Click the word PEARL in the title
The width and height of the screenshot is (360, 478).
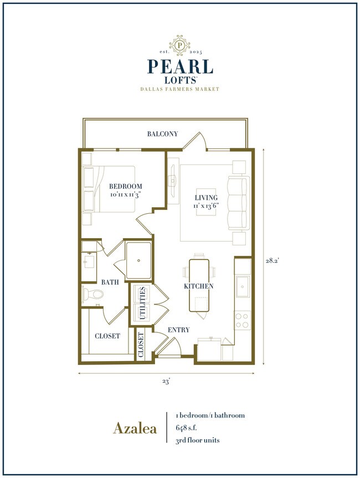pyautogui.click(x=180, y=66)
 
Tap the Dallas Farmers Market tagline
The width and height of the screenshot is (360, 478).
pyautogui.click(x=180, y=89)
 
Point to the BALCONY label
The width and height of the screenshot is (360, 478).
pyautogui.click(x=162, y=134)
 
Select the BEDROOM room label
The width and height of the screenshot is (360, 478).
pyautogui.click(x=125, y=187)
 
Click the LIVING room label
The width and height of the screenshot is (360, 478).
pyautogui.click(x=206, y=198)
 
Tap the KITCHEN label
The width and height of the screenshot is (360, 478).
pyautogui.click(x=199, y=286)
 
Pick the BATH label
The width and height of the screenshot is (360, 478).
pyautogui.click(x=110, y=282)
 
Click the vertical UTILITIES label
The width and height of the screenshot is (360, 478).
pyautogui.click(x=142, y=304)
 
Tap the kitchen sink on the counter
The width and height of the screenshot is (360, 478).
pyautogui.click(x=243, y=286)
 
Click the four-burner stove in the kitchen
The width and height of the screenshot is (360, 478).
pyautogui.click(x=243, y=321)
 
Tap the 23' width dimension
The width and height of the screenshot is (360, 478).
pyautogui.click(x=166, y=381)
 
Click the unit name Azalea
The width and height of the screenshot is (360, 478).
pyautogui.click(x=135, y=428)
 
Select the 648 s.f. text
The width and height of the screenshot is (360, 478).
pyautogui.click(x=189, y=428)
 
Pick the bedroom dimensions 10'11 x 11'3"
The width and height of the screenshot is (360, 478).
pyautogui.click(x=125, y=196)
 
